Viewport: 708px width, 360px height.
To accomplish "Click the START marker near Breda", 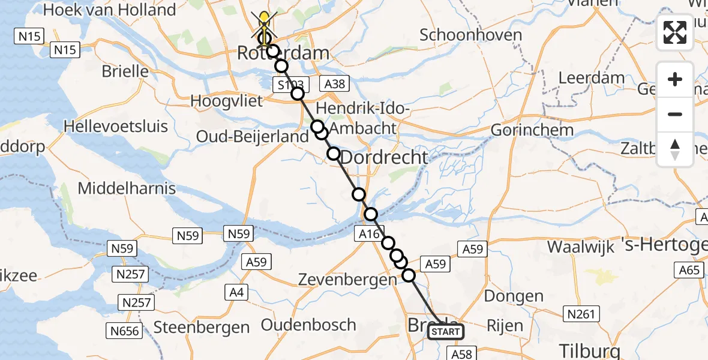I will click(446, 332).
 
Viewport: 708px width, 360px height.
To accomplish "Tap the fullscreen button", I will click(675, 33).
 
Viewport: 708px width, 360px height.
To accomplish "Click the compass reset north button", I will click(675, 149).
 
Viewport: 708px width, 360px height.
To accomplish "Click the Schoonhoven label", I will click(471, 35).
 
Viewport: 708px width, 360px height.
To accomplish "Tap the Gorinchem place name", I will click(526, 130).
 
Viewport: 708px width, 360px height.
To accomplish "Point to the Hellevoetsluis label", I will click(116, 127).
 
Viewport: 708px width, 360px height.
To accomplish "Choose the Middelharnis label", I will click(127, 188).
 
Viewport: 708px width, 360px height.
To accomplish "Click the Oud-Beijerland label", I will click(253, 137).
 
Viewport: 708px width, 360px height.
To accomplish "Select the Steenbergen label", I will click(202, 328).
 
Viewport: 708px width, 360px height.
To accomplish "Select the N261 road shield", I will click(581, 313).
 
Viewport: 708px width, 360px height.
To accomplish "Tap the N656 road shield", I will click(124, 331).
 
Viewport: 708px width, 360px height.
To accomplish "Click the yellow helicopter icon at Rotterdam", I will click(264, 24).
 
